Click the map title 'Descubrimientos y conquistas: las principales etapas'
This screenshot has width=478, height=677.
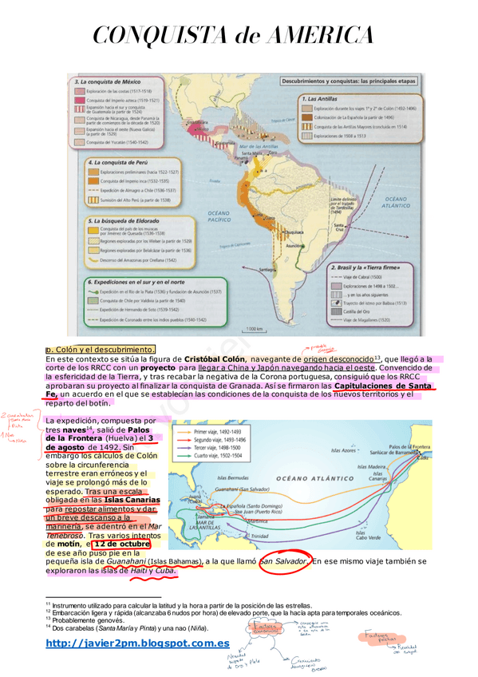346,82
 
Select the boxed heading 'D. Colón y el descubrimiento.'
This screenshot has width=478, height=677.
100,350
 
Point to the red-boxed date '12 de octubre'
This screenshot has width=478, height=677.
121,544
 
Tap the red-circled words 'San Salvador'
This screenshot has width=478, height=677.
284,562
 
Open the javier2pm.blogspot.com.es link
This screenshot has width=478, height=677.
138,643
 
